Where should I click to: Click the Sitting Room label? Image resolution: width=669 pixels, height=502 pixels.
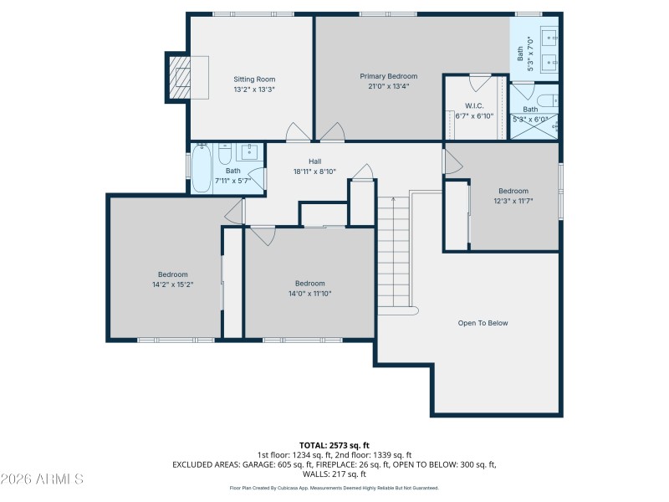coord(254,79)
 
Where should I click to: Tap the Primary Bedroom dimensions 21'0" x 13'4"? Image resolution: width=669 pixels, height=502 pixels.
coord(388,86)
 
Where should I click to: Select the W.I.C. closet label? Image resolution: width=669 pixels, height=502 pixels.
coord(474,106)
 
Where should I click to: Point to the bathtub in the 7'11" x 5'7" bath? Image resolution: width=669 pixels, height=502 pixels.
coord(202,169)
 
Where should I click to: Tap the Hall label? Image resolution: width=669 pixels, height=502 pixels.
coord(314,161)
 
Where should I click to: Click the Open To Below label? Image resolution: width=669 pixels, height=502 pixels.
coord(483,323)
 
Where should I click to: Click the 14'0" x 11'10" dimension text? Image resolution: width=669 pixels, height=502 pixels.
coord(309,293)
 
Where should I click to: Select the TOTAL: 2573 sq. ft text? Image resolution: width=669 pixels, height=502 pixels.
coord(334,444)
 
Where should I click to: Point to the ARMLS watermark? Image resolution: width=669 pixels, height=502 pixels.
coord(42,479)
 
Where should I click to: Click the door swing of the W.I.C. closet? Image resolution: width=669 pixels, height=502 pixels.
coord(480,82)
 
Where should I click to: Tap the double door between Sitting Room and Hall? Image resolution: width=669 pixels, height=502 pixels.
coord(315,132)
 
